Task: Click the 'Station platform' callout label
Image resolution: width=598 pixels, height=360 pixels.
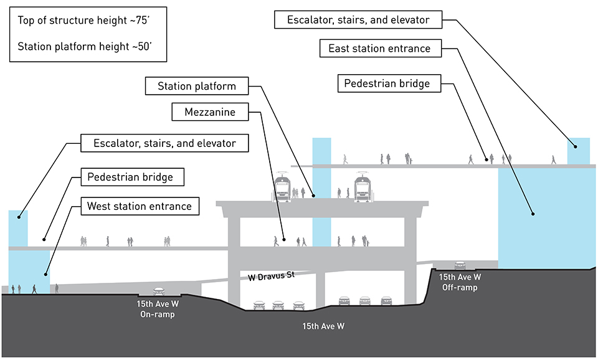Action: pos(196,86)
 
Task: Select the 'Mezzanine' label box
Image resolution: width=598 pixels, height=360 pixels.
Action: pos(209,113)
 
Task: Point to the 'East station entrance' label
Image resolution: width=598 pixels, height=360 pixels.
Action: pos(379,49)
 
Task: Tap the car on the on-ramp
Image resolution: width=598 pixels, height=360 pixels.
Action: pos(159,291)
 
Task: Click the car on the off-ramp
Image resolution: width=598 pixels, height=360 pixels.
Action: pos(460,265)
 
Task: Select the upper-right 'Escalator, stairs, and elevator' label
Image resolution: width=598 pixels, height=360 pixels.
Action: pos(358,20)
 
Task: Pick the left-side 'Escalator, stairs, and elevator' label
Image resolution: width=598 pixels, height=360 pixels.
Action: pos(165,143)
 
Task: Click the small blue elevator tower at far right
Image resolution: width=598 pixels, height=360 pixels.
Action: pos(577,151)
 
